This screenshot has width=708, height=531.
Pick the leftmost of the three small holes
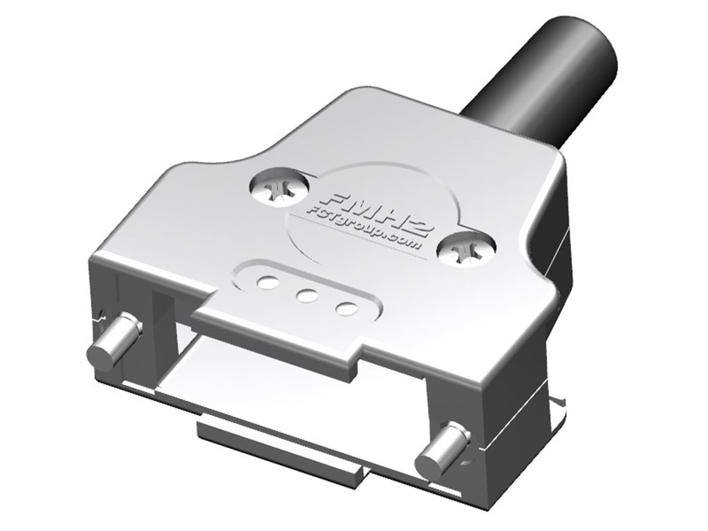tap(268, 282)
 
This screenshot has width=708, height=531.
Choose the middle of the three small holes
tap(307, 296)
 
